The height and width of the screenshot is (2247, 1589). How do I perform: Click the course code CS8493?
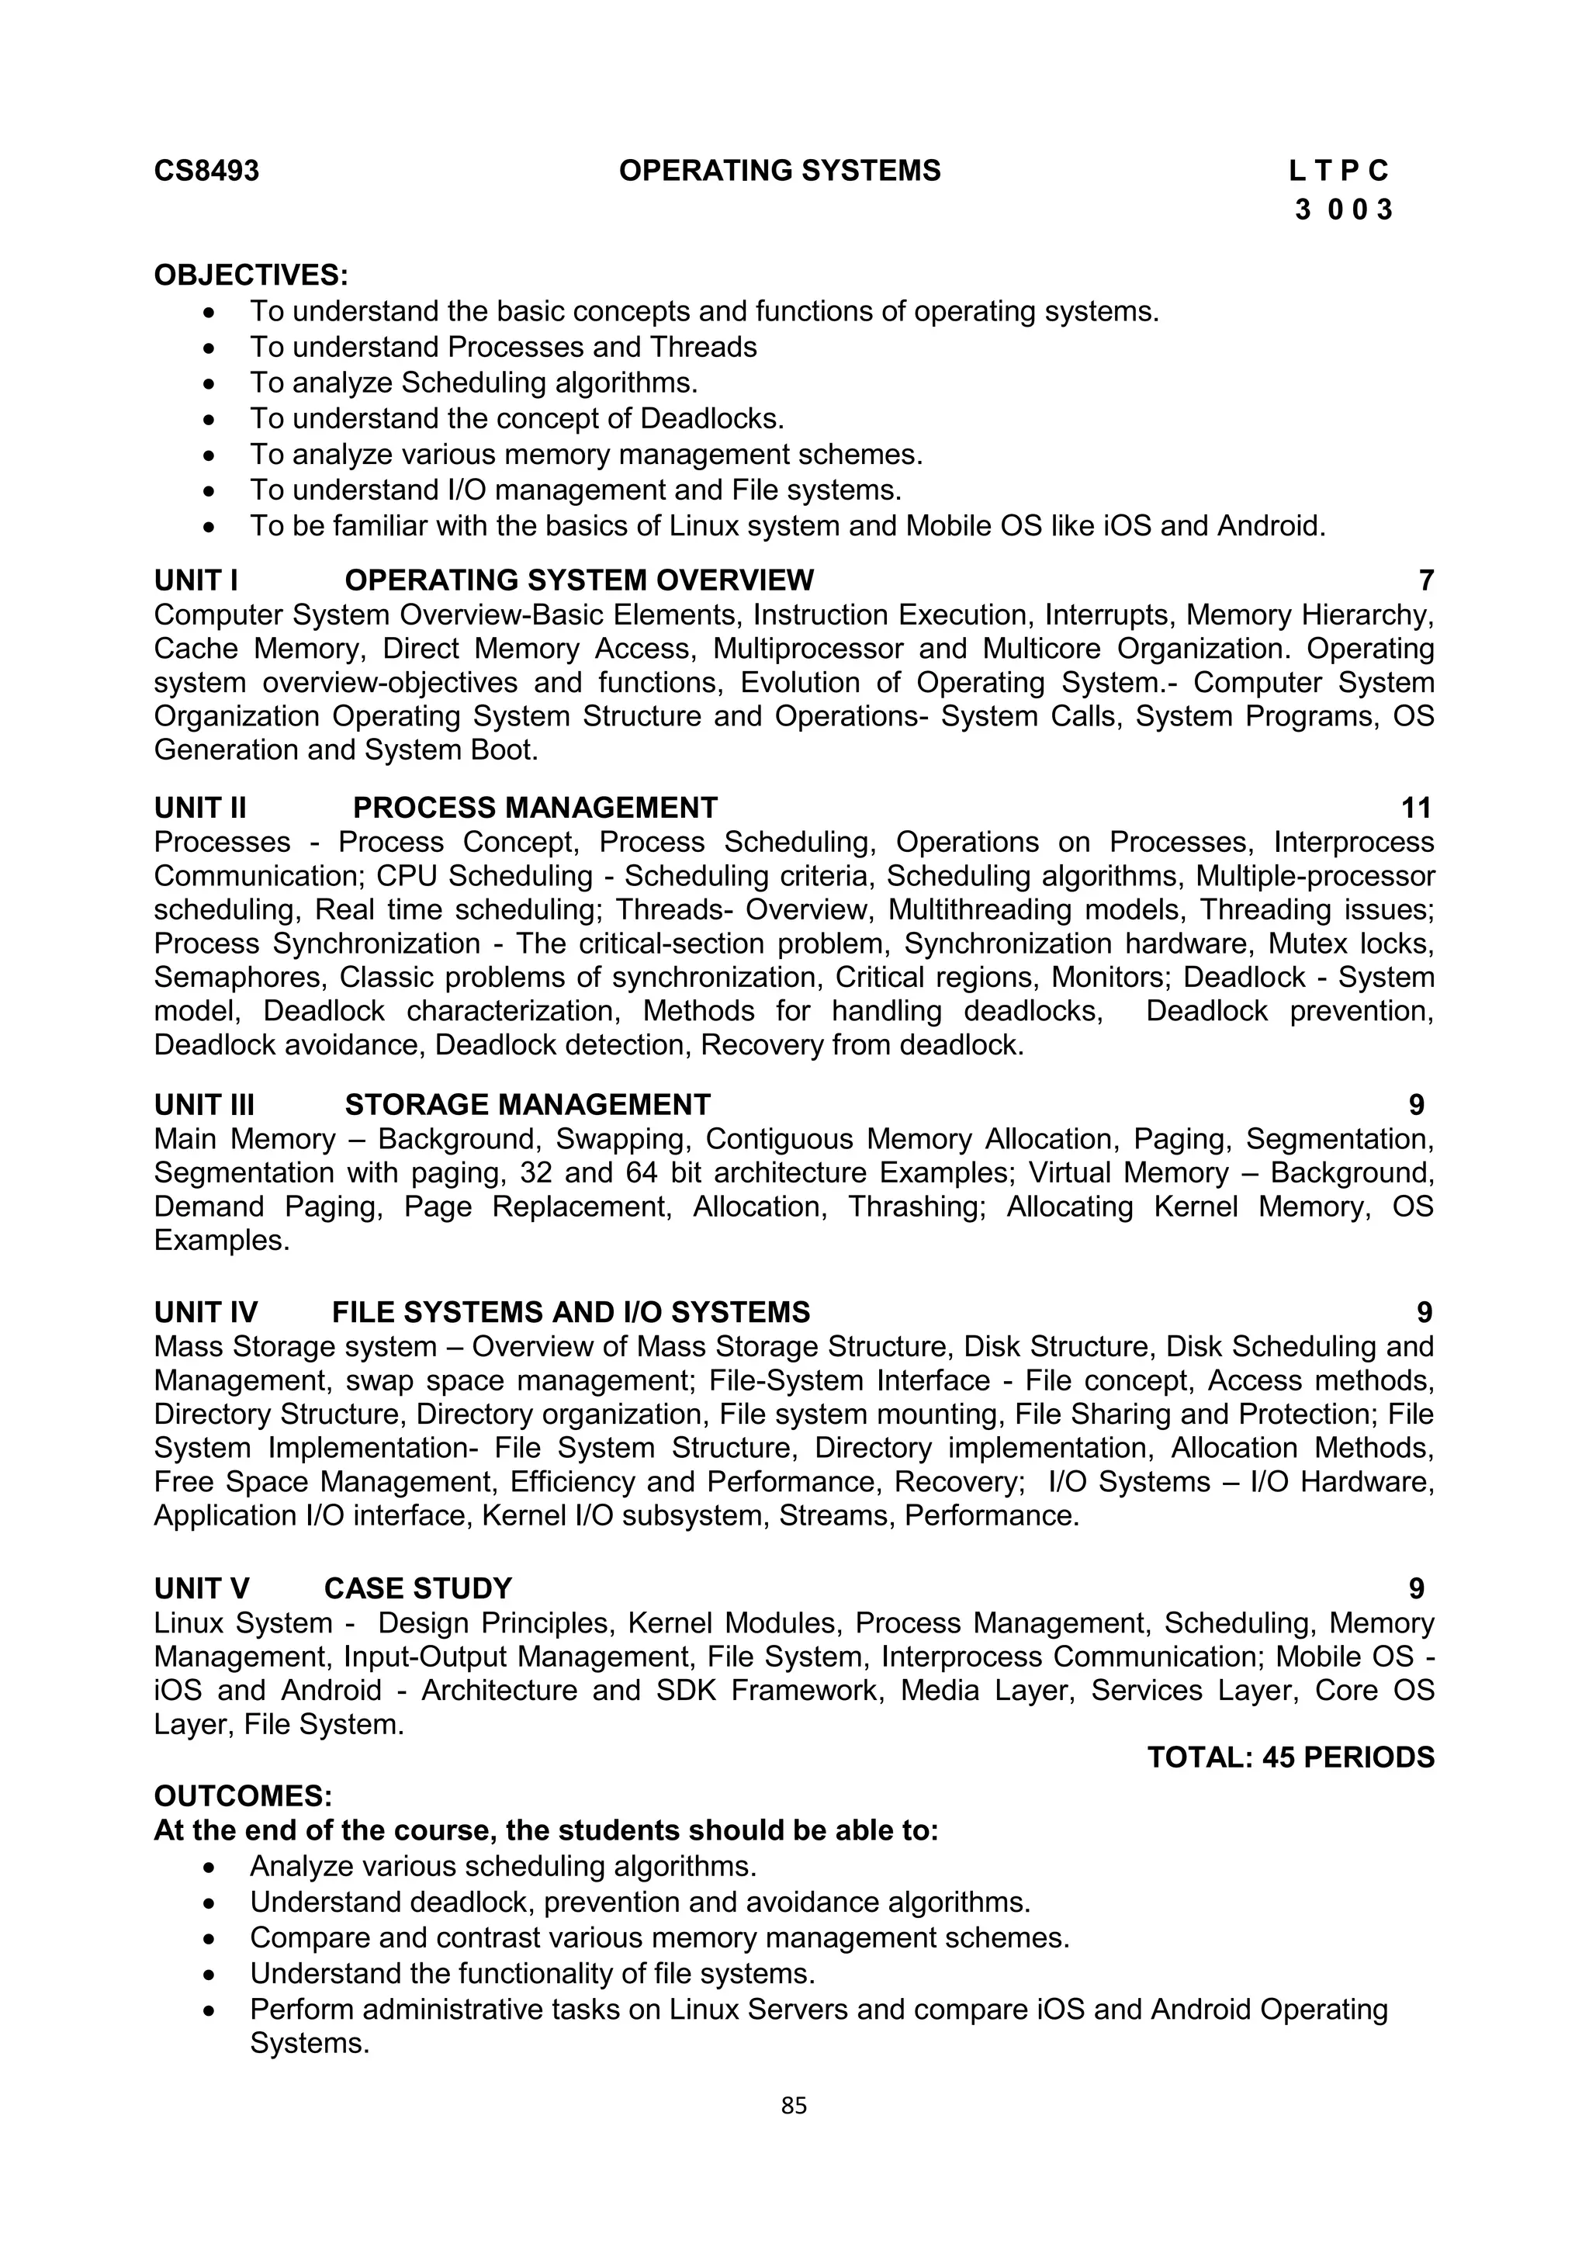point(206,171)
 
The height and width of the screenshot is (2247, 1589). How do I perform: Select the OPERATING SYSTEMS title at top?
point(779,171)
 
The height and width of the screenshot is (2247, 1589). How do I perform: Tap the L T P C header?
point(1338,171)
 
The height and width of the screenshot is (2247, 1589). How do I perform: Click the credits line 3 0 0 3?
point(1342,209)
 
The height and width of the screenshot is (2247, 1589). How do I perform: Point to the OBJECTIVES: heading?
point(251,275)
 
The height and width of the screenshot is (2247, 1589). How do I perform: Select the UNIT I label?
point(196,580)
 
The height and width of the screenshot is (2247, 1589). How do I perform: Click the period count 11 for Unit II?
point(1416,808)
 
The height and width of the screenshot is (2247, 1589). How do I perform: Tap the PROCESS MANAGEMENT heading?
point(535,808)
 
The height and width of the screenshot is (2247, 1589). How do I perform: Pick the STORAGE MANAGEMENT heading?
point(528,1105)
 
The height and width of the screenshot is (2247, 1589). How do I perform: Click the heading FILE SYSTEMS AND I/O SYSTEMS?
point(570,1312)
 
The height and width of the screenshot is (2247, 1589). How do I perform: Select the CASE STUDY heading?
point(417,1588)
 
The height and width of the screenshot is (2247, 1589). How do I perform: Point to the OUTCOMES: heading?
point(243,1797)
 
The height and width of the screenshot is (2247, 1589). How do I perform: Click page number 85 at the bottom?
point(794,2106)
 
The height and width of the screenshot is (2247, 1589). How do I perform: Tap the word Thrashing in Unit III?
point(915,1207)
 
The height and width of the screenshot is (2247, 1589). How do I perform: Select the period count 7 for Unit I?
point(1425,580)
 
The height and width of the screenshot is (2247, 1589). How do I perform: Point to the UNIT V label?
point(202,1588)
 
